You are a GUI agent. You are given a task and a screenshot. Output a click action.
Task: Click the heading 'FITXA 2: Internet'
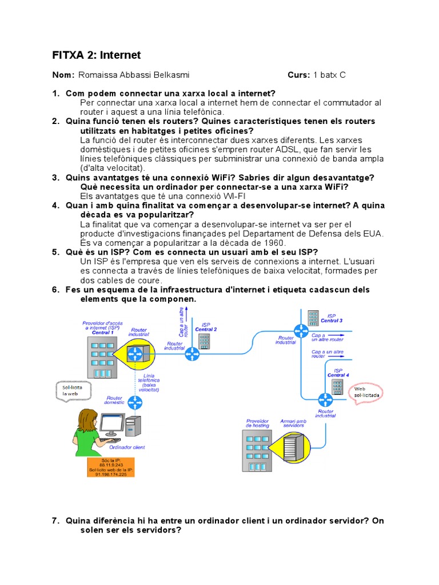(x=96, y=55)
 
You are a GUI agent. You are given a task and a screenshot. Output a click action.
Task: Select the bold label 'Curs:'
(x=299, y=75)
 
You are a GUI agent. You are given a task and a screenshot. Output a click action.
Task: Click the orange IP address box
(x=111, y=467)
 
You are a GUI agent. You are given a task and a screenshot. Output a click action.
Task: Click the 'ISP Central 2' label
(x=206, y=327)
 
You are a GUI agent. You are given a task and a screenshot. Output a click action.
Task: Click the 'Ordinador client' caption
(x=130, y=447)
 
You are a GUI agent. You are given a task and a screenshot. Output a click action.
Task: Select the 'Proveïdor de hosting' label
(x=257, y=423)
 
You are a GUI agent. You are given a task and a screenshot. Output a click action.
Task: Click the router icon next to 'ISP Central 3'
(x=301, y=330)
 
